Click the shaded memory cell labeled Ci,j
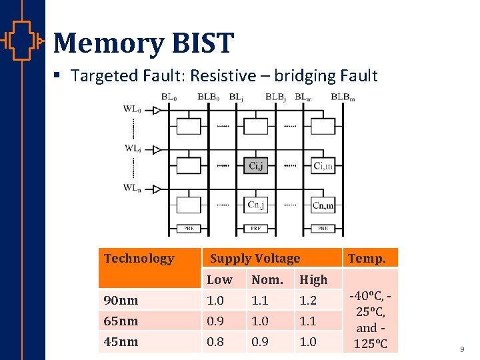(256, 166)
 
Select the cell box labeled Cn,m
(323, 205)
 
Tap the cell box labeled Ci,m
(323, 166)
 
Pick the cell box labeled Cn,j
(256, 205)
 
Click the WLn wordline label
(133, 188)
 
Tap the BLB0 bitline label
(210, 97)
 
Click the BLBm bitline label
(343, 97)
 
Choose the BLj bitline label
(236, 97)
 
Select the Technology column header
(139, 259)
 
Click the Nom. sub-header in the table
(267, 280)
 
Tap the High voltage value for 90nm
(308, 301)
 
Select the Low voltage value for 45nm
(215, 342)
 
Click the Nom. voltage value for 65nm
(260, 321)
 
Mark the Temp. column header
(367, 259)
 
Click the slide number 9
(462, 349)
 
